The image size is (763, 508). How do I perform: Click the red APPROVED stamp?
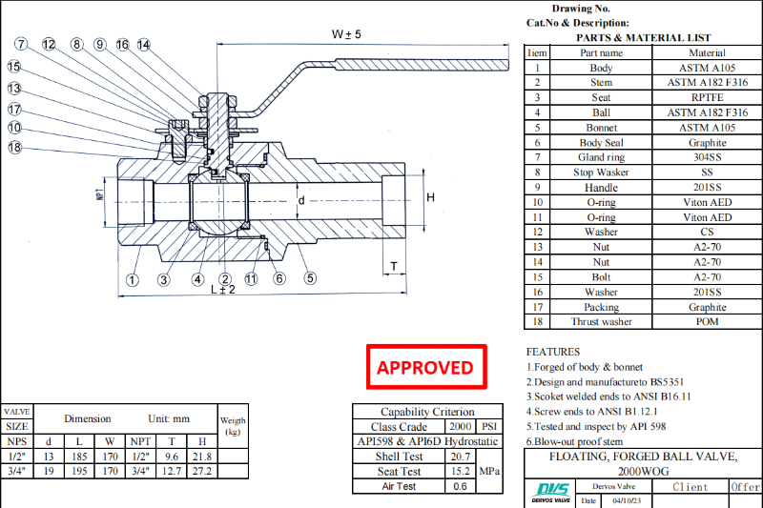[425, 367]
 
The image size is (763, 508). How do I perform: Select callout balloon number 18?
[15, 147]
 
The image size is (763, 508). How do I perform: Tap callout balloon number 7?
[22, 45]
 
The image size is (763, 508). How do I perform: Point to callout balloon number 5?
[310, 279]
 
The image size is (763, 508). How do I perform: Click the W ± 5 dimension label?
[345, 33]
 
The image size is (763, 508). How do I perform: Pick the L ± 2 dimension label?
[223, 290]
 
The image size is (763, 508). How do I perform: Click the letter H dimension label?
[430, 197]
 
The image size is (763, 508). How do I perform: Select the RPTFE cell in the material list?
[706, 97]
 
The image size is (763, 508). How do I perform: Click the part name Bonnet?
[602, 127]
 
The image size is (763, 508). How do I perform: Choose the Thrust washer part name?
[602, 321]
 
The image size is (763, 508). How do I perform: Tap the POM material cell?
[706, 321]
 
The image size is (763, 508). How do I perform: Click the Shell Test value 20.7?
[460, 456]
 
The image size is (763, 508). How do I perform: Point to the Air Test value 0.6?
[460, 486]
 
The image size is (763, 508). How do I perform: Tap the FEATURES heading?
[552, 352]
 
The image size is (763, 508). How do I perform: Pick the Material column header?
[706, 52]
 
